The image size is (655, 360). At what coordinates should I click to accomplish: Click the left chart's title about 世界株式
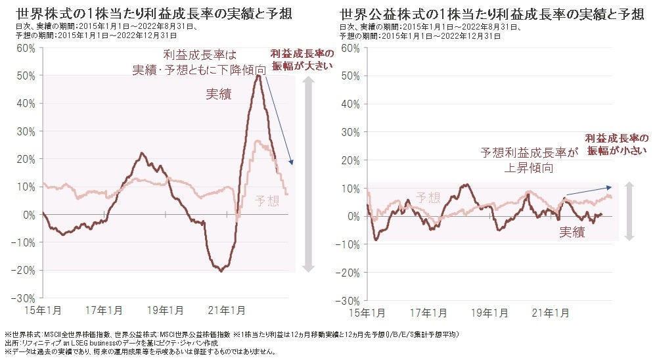(154, 13)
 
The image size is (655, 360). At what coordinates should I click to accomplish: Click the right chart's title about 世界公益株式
(492, 13)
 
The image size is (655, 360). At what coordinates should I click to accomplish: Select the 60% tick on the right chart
(350, 48)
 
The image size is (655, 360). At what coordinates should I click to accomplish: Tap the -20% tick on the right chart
(349, 273)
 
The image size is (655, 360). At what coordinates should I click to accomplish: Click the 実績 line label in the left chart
(219, 94)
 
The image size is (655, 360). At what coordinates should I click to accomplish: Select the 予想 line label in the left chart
(267, 199)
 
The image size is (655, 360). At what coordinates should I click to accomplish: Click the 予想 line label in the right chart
(428, 196)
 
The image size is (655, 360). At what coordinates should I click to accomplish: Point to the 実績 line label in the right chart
(572, 231)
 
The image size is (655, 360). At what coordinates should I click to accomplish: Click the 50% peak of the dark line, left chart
(260, 76)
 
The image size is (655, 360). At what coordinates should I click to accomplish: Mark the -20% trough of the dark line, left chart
(221, 270)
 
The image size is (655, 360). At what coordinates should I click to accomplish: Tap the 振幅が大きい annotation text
(303, 65)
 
